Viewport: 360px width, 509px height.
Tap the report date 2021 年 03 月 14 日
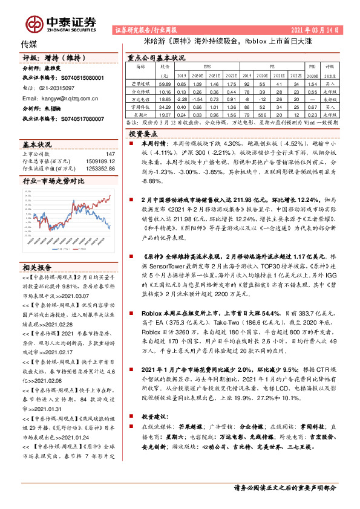point(315,29)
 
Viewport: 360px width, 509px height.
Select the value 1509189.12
point(99,161)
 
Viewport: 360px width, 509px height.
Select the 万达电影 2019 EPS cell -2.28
point(182,97)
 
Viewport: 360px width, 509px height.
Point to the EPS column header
point(207,64)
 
